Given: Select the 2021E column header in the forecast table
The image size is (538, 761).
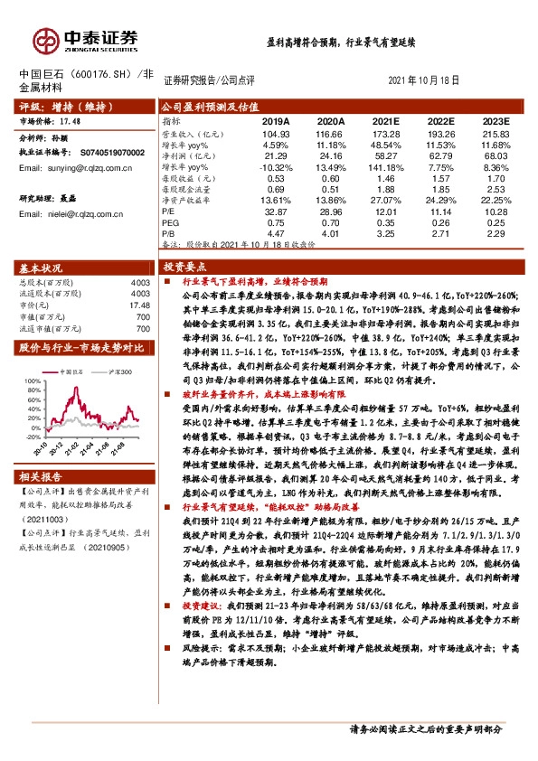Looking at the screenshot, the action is point(385,120).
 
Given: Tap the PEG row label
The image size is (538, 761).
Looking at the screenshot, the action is point(170,221).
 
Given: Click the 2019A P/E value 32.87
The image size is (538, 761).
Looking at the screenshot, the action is point(275,210).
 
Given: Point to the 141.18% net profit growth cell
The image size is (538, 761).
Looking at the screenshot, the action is point(385,167).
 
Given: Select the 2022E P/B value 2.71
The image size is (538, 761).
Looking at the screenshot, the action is point(440,233).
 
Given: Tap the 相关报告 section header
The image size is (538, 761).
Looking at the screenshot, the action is point(41,475).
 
